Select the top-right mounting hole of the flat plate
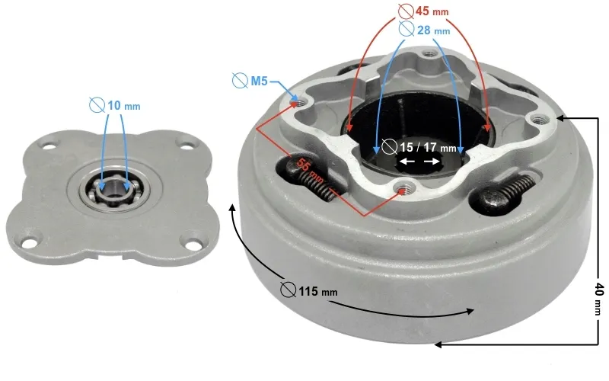pyautogui.click(x=184, y=142)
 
